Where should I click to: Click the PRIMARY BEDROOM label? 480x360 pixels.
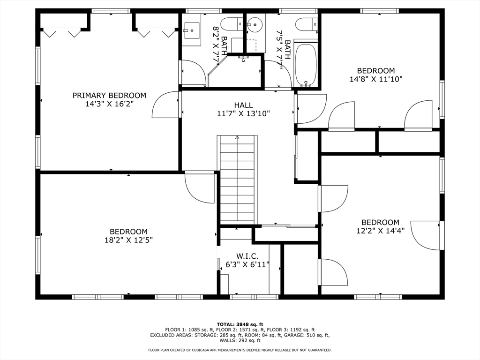pos(109,96)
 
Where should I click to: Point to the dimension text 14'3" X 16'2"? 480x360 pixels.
pos(109,104)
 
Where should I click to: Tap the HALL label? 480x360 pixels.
pos(243,105)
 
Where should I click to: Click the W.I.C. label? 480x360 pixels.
pos(246,256)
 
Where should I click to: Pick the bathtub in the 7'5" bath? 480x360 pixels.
pos(306,65)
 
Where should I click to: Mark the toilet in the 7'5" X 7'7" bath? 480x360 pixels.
pos(308,23)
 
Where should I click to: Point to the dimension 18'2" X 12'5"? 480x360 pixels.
pos(128,240)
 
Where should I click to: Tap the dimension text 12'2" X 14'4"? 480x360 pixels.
pos(380,231)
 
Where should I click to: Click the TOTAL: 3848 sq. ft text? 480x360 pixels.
pos(240,324)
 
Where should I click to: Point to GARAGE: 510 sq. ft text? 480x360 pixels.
pos(309,335)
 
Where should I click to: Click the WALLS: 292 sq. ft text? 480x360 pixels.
pos(240,341)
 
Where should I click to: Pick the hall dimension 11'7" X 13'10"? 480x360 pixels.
pos(243,113)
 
